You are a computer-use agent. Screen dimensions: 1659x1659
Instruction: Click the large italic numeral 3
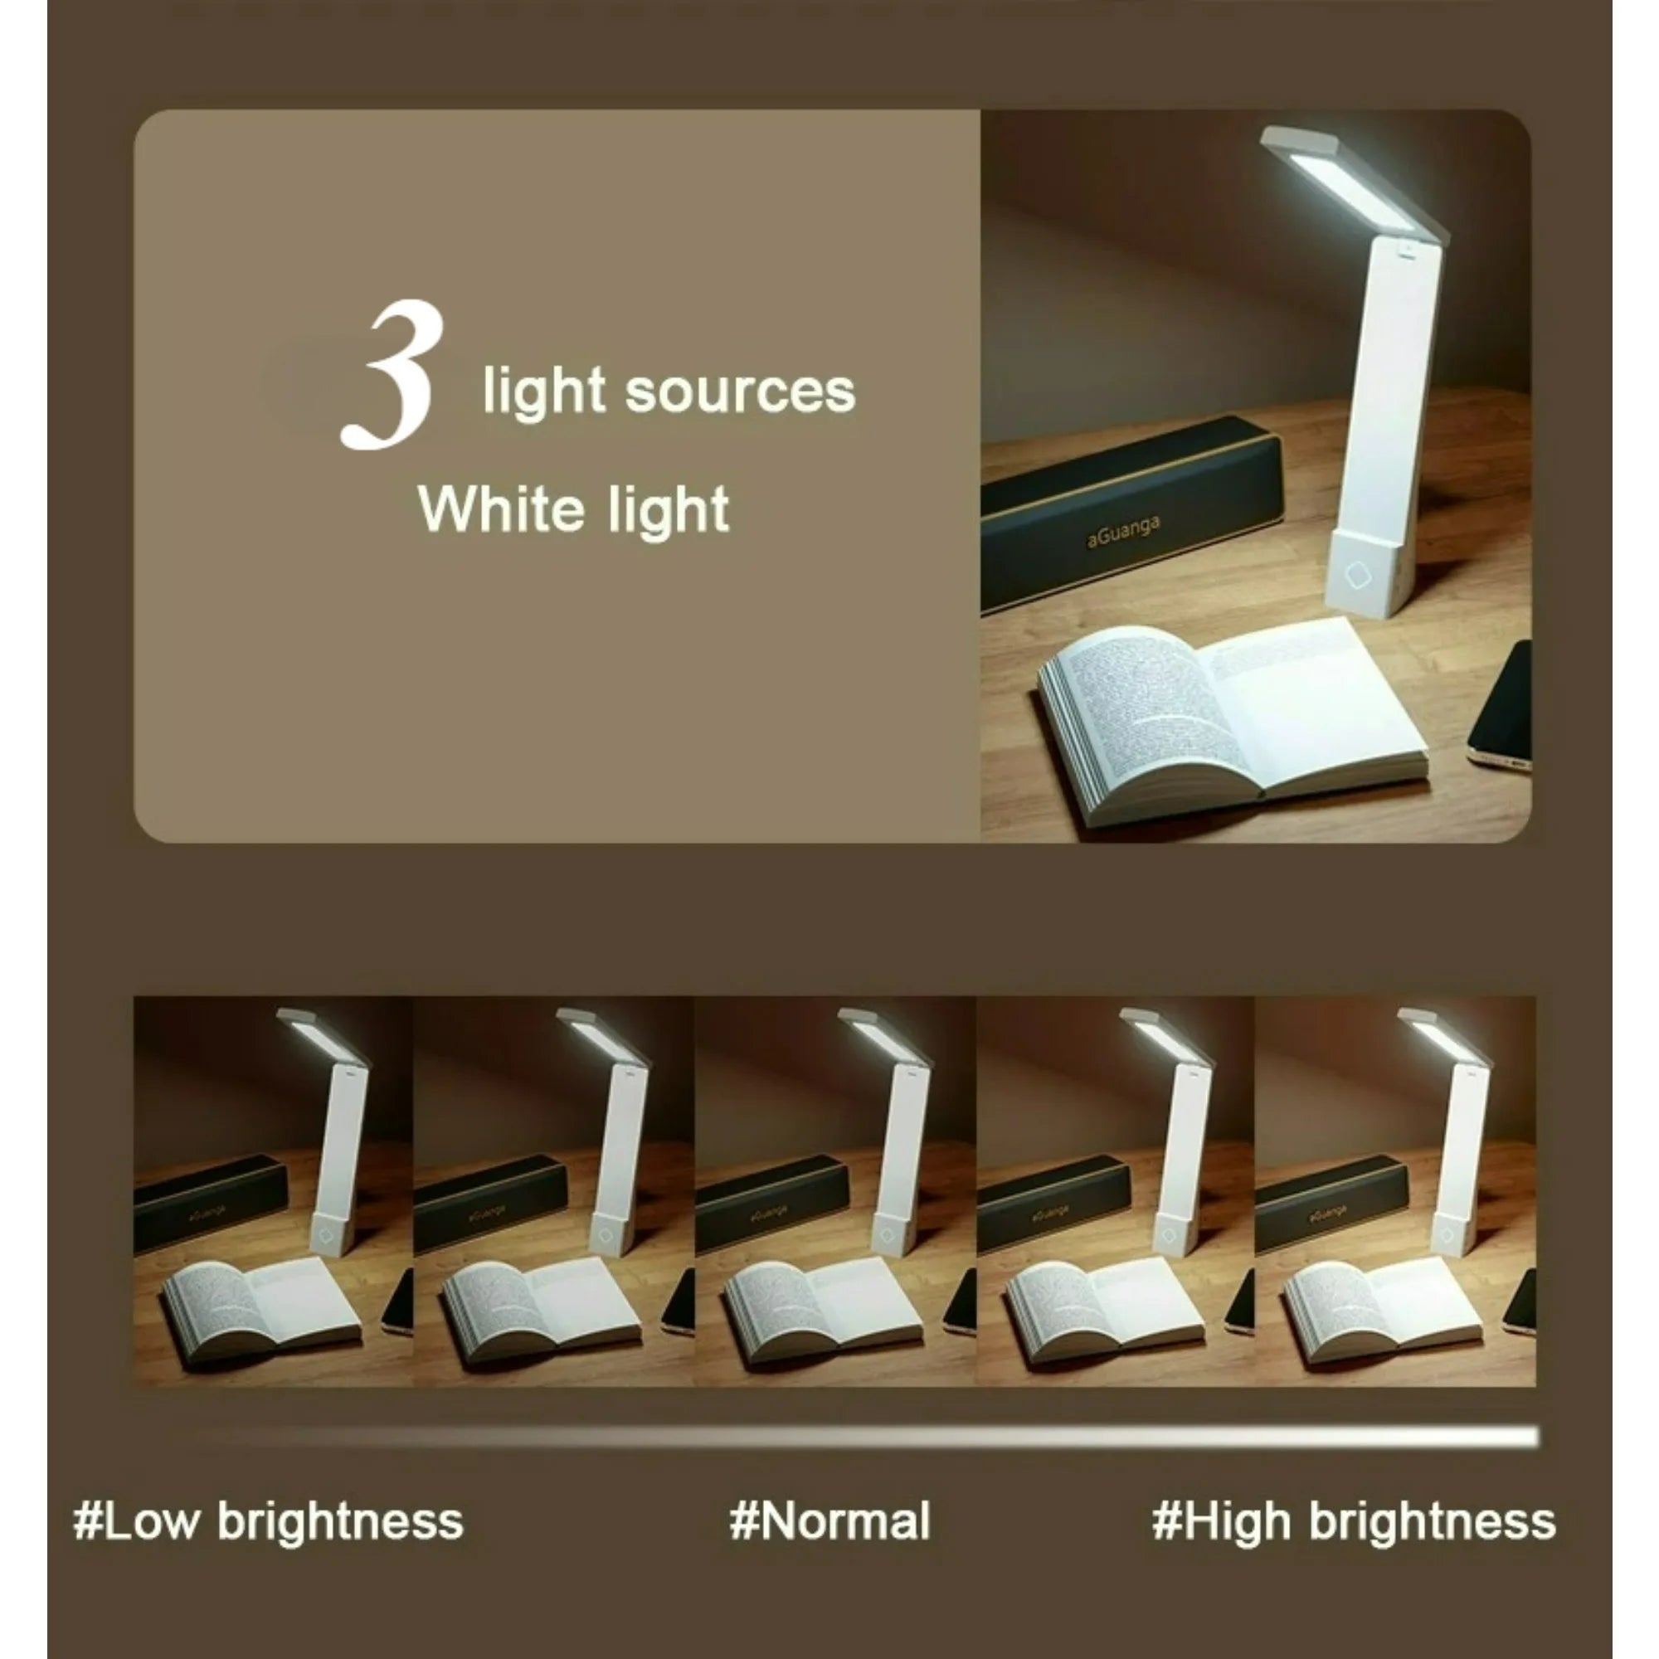coord(393,375)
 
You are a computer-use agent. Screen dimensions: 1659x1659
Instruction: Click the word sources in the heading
coord(739,392)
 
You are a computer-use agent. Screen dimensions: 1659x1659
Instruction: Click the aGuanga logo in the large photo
coord(1123,532)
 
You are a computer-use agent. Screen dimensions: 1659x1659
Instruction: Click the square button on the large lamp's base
coord(1358,576)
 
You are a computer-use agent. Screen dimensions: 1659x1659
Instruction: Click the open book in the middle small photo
coord(823,1307)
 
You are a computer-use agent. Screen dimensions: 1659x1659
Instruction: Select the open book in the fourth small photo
coord(1103,1307)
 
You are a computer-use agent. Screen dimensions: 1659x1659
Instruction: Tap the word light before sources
coord(543,392)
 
